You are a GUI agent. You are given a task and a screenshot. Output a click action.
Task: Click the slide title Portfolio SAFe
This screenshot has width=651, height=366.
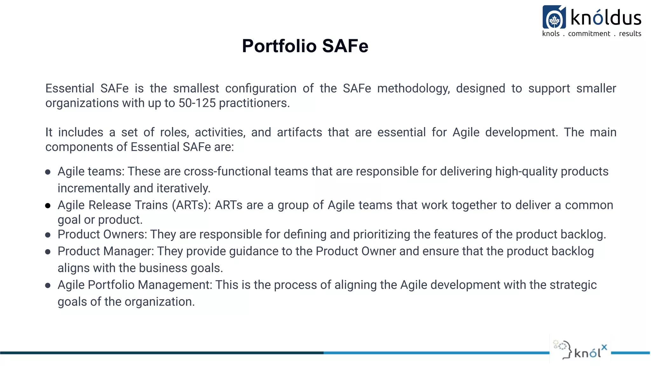(305, 46)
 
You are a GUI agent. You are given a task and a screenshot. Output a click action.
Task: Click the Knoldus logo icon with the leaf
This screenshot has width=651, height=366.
(554, 17)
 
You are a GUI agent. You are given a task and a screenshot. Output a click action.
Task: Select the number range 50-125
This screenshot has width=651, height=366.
(197, 103)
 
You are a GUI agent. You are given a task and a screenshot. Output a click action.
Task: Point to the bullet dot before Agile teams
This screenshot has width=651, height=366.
(48, 172)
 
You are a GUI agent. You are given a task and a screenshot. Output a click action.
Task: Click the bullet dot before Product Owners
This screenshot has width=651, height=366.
(48, 235)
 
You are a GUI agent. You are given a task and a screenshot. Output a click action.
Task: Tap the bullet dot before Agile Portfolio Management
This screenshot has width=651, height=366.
(48, 286)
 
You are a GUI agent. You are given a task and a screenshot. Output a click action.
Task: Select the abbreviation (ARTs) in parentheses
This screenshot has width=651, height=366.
(192, 205)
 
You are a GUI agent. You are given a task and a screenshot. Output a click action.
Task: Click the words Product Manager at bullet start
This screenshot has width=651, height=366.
(106, 251)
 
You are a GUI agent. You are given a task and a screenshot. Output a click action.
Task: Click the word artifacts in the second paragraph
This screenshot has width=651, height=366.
(299, 132)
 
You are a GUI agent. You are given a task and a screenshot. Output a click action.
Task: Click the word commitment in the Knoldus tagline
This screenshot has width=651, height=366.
(589, 34)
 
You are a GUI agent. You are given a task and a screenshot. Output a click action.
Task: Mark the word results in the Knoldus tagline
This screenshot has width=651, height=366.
(630, 34)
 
